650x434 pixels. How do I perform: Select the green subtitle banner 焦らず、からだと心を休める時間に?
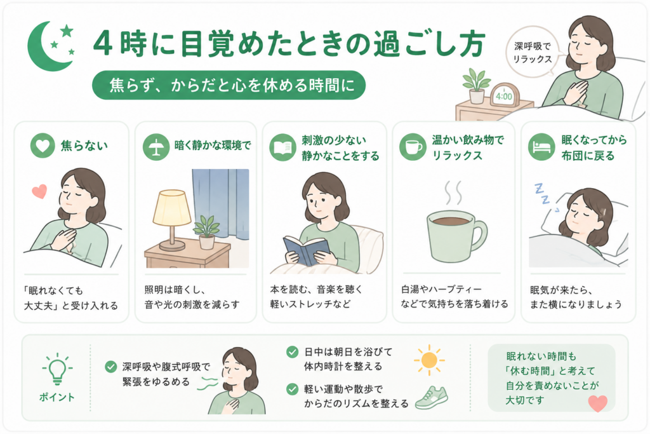click(x=229, y=85)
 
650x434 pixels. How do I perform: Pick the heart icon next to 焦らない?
click(x=43, y=146)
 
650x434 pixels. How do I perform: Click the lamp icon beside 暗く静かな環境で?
click(x=156, y=147)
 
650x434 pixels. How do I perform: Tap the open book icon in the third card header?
click(x=282, y=147)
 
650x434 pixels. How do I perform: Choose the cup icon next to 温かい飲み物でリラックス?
click(x=413, y=147)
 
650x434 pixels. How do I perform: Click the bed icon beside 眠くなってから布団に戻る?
click(x=541, y=147)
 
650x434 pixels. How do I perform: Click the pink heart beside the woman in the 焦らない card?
click(x=39, y=191)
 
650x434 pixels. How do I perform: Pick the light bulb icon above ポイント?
click(x=57, y=369)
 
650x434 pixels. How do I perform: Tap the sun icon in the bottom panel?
click(x=429, y=360)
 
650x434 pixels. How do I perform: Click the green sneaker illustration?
click(x=432, y=397)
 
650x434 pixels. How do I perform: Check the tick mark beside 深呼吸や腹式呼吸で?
click(x=110, y=367)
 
